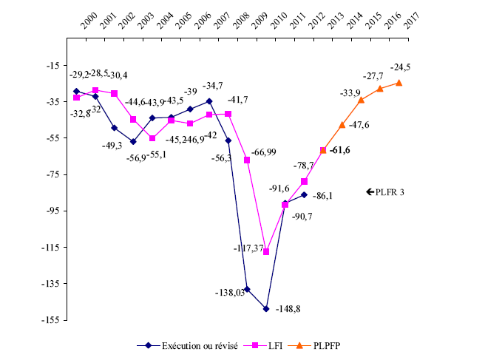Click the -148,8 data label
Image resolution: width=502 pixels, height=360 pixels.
[289, 309]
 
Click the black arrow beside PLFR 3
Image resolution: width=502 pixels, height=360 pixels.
[370, 192]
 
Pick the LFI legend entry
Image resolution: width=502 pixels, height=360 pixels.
[272, 345]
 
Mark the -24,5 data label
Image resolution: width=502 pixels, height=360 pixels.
[400, 67]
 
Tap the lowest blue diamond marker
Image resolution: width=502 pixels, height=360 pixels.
[265, 309]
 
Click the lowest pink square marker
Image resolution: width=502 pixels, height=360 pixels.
[266, 252]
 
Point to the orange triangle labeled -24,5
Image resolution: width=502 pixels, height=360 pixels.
[399, 82]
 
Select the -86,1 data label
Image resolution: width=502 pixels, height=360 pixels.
[322, 197]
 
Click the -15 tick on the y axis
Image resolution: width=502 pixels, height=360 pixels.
[52, 66]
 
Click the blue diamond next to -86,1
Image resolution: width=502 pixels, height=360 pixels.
[304, 194]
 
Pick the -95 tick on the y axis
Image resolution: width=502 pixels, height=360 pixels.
[52, 211]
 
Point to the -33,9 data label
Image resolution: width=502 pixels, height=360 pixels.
[350, 93]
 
